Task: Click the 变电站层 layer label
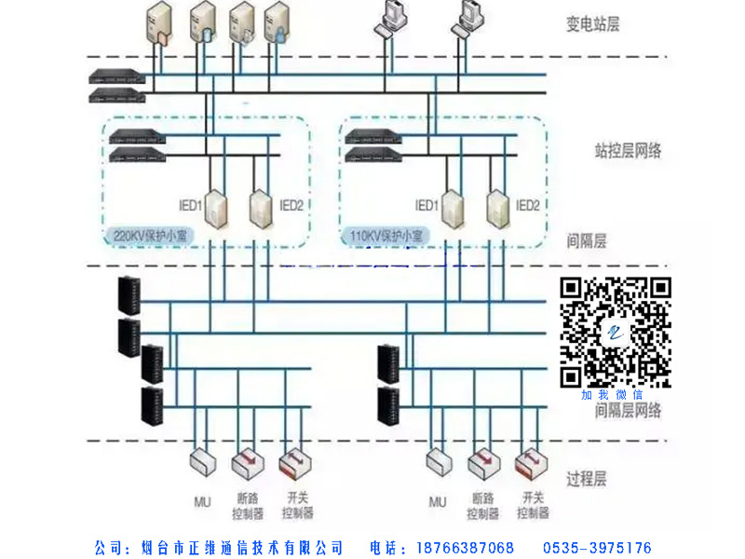coord(592,23)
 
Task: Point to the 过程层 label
coord(587,480)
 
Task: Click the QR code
coord(615,333)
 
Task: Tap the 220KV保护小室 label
coord(150,237)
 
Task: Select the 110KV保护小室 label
coord(386,237)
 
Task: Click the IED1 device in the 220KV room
coord(217,210)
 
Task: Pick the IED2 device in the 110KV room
coord(497,210)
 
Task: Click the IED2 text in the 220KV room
coord(291,205)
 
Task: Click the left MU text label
coord(201,501)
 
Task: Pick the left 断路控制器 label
coord(248,505)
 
